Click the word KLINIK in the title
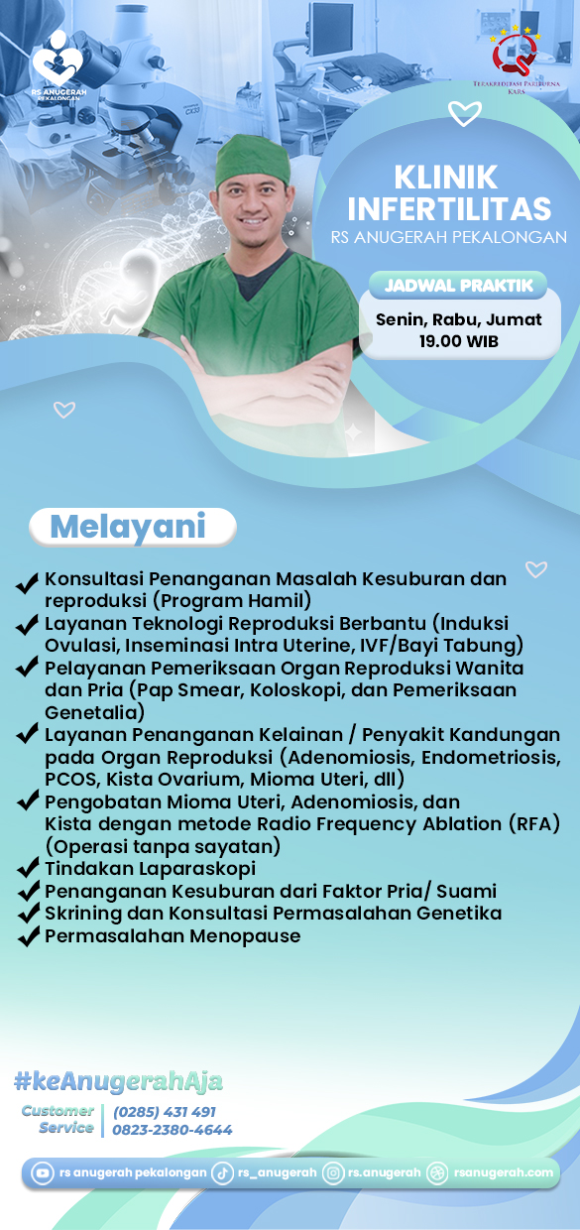(446, 178)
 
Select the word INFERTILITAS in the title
(449, 209)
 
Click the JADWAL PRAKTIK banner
(458, 286)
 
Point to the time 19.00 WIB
(458, 341)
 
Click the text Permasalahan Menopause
(173, 936)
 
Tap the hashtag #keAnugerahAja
(118, 1080)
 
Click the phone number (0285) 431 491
(165, 1112)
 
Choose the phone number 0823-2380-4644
(173, 1130)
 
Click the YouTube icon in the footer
(43, 1173)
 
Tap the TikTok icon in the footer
(222, 1173)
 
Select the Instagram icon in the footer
(334, 1173)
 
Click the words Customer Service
(59, 1119)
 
